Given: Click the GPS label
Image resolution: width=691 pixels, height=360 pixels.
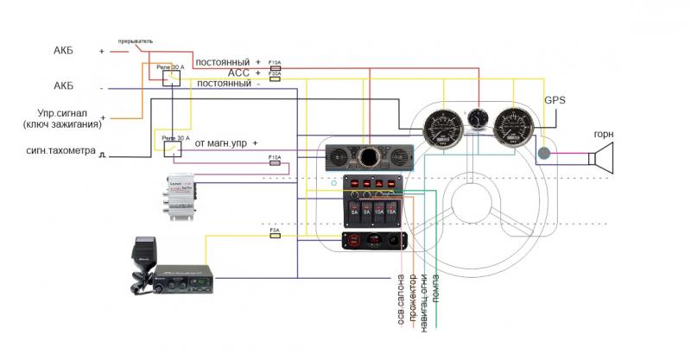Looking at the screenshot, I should point(555,100).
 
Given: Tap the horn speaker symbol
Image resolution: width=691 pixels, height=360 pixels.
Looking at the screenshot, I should point(603,158).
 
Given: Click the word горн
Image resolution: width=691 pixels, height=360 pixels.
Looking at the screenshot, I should point(604,135).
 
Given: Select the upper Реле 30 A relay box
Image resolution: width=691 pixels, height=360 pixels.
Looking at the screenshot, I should point(171,77).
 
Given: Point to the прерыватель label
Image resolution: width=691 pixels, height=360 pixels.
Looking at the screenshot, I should point(136,41).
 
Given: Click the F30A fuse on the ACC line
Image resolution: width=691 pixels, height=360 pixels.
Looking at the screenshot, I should point(275,75).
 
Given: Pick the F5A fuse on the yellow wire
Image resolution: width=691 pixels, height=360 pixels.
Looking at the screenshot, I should point(275,233).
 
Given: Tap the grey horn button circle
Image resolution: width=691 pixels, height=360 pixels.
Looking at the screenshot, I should point(544,155).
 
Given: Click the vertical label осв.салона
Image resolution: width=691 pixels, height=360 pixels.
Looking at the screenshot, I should point(399,303).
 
